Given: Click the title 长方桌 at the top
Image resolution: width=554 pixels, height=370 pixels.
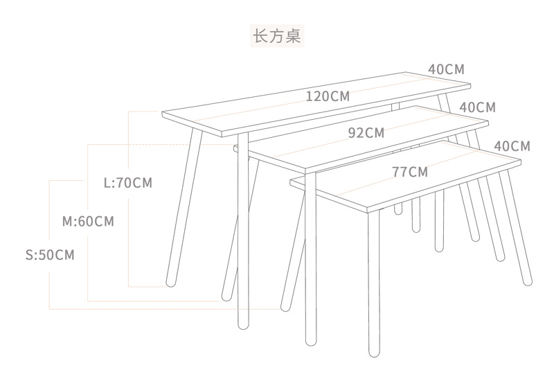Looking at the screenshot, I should (277, 35).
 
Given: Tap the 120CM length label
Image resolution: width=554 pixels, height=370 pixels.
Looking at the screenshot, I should (328, 96).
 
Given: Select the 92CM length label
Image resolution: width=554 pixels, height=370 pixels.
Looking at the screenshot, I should (366, 133).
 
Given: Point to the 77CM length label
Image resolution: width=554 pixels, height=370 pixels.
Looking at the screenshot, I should (409, 172).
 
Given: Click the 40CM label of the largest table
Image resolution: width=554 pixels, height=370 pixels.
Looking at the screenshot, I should (446, 69).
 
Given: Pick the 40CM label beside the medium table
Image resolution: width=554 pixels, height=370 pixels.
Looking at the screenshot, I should (477, 107).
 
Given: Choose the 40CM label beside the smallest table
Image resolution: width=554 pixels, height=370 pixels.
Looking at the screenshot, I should (512, 146).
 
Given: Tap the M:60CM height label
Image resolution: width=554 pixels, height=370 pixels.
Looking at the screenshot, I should (88, 222).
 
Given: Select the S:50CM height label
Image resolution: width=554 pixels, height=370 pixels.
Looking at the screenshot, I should (49, 255).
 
